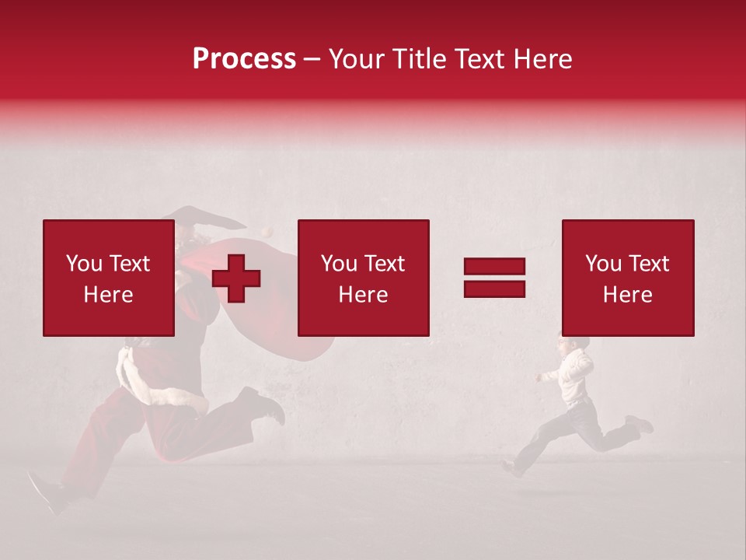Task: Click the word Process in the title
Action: click(x=244, y=59)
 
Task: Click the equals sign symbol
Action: click(x=494, y=278)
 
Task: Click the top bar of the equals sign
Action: click(x=494, y=267)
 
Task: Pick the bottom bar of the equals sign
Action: click(x=494, y=289)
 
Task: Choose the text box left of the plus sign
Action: click(x=108, y=278)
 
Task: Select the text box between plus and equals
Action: click(x=363, y=278)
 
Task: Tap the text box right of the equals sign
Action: click(x=627, y=278)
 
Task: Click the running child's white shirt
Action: click(x=575, y=376)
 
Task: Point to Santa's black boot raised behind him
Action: click(x=264, y=404)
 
